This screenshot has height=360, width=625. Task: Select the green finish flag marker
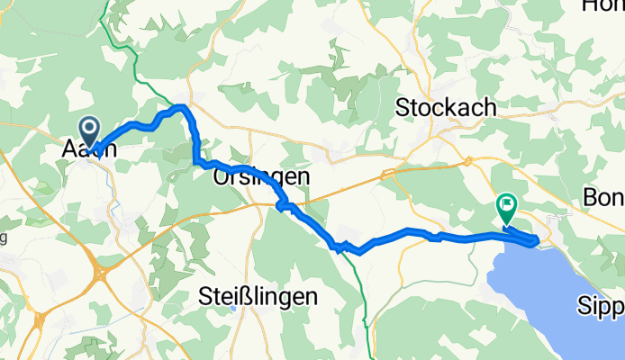click(x=506, y=208)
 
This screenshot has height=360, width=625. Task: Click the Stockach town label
click(x=447, y=108)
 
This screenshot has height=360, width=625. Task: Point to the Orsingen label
click(x=261, y=177)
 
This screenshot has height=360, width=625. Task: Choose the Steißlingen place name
click(x=258, y=295)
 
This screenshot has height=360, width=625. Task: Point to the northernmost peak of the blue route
click(x=183, y=106)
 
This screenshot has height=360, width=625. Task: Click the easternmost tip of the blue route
click(x=538, y=239)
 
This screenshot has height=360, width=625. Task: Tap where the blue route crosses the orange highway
click(x=280, y=206)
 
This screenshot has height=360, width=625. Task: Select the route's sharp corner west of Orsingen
click(x=195, y=162)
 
